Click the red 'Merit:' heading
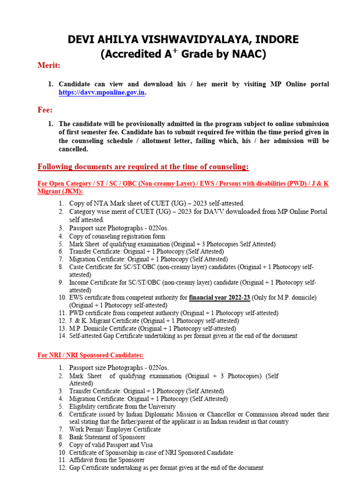coord(49,66)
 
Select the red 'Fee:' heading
coord(45,110)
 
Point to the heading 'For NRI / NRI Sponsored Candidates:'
coord(90,355)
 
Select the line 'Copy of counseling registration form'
coord(117,237)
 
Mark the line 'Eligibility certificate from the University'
coord(122,406)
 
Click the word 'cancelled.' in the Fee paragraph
coord(73,149)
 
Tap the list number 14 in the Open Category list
coord(62,336)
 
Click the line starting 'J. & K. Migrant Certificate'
coord(154,321)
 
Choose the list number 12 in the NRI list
coord(62,467)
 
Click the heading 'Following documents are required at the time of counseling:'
coord(143,167)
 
